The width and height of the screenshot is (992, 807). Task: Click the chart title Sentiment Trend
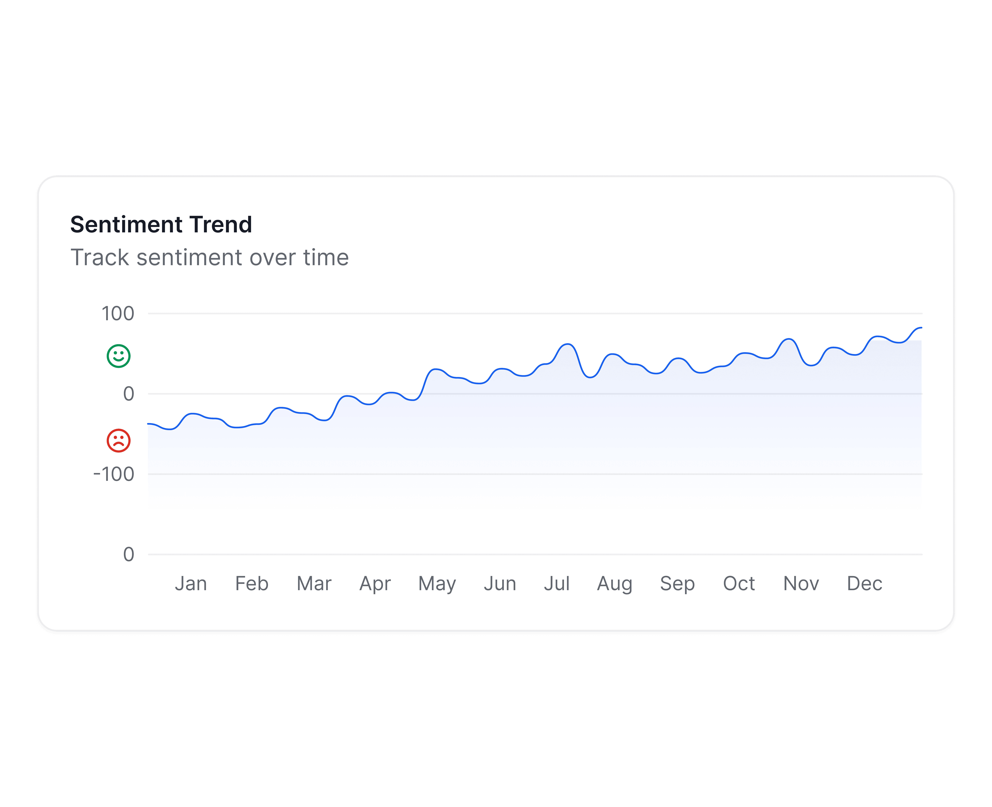pos(161,224)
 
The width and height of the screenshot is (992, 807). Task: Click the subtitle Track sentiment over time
pos(209,258)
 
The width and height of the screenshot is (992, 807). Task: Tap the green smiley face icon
pos(119,356)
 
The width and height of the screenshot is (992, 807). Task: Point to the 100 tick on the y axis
pos(118,314)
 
